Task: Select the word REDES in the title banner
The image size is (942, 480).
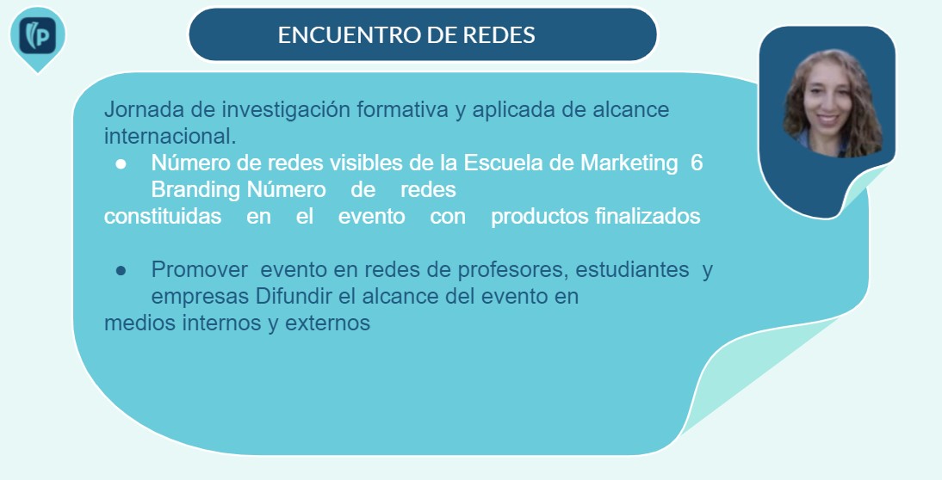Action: [x=499, y=34]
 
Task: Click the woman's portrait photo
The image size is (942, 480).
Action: [x=833, y=103]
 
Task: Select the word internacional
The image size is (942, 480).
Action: [x=170, y=136]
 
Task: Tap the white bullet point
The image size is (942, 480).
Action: [x=121, y=163]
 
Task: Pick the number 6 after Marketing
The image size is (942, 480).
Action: [x=697, y=163]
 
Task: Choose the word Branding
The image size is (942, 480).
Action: [x=195, y=190]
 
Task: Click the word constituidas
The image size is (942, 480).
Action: [x=163, y=216]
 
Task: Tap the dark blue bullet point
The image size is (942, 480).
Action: [x=121, y=271]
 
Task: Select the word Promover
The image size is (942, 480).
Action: [x=200, y=270]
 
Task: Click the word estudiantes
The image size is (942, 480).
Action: [x=632, y=270]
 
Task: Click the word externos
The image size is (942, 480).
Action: [x=327, y=323]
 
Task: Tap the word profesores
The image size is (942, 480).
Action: [x=514, y=271]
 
